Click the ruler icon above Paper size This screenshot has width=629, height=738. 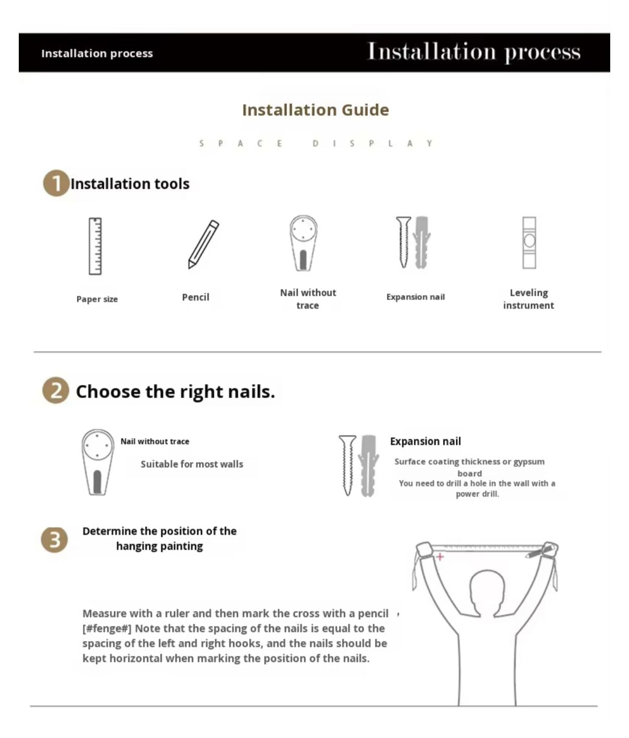pos(95,246)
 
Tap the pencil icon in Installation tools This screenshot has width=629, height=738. pos(203,244)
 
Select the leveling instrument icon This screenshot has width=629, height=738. pos(529,243)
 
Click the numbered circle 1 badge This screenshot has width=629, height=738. pos(56,183)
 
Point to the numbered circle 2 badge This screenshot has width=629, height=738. pos(56,390)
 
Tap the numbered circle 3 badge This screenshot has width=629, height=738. pos(54,539)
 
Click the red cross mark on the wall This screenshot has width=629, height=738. pos(440,556)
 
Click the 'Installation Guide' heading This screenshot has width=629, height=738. pos(316,110)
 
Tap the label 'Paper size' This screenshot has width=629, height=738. pos(97,299)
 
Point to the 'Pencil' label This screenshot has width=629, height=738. pos(196,297)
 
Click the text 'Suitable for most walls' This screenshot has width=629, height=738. pos(192,464)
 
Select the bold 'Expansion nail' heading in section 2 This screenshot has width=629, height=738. pos(426,441)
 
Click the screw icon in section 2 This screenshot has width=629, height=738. pos(347,465)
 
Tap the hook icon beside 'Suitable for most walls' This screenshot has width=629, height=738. pos(98,462)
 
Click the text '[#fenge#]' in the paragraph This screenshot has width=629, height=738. pos(107,628)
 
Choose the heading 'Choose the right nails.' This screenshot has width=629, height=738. pos(176,391)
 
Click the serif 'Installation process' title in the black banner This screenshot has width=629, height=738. pos(474,52)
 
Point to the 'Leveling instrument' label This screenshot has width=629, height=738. pos(529,299)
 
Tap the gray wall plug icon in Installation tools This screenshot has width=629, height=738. pos(421,243)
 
